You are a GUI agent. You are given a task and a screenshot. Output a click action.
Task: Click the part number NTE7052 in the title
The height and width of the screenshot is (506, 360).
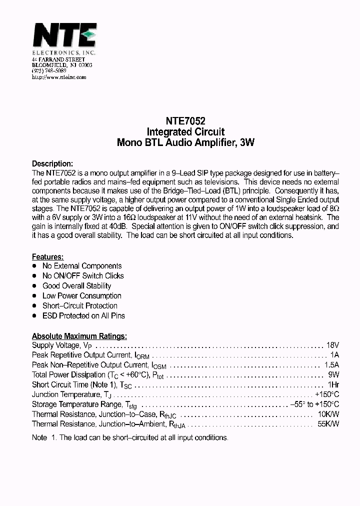click(185, 121)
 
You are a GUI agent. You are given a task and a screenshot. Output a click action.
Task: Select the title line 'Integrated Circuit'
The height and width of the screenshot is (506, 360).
click(185, 132)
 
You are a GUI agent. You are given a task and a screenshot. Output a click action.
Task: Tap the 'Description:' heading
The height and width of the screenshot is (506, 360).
click(52, 163)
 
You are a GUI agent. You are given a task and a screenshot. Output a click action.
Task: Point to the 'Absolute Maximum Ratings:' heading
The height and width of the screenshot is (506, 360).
click(79, 336)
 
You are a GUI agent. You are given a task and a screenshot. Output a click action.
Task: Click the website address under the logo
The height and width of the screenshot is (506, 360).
click(59, 77)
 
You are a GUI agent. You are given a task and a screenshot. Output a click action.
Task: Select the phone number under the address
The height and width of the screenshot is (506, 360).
click(49, 71)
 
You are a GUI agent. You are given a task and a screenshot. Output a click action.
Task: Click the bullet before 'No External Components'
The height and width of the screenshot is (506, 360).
click(34, 266)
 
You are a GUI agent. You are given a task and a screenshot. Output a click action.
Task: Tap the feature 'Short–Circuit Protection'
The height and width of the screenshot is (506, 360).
click(80, 305)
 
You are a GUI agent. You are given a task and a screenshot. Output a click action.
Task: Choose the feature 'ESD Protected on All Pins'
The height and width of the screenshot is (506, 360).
click(83, 315)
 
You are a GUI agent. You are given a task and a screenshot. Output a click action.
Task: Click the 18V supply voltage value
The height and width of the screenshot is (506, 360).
click(332, 345)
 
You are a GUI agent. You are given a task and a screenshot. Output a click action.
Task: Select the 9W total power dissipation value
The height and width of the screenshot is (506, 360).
click(333, 374)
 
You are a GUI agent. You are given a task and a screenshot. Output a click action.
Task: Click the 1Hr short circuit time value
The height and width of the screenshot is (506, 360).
click(333, 384)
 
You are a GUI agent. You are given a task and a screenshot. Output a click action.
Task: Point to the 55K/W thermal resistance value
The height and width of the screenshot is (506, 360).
click(328, 424)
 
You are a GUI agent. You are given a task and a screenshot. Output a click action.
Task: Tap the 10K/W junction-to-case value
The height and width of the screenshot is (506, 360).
click(328, 414)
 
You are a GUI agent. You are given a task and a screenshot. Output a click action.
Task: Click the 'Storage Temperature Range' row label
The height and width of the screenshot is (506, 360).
click(76, 404)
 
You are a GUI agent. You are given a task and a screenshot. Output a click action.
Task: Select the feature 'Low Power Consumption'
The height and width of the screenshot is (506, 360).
click(82, 295)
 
